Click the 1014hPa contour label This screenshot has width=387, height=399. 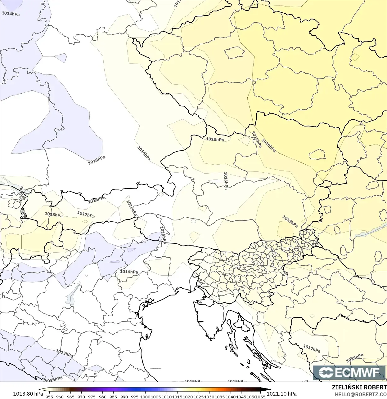tap(11, 14)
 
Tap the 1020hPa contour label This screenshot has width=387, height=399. tap(268, 145)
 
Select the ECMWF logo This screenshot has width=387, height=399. tap(349, 372)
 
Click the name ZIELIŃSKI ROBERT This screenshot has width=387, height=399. tap(359, 387)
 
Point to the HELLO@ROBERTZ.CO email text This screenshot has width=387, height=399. tap(361, 394)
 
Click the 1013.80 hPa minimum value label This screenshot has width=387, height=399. tap(28, 394)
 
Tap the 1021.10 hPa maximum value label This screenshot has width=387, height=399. tap(281, 394)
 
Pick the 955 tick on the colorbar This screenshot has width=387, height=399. tap(49, 397)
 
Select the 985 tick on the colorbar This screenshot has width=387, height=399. tap(113, 397)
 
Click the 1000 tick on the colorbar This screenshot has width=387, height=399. tap(145, 397)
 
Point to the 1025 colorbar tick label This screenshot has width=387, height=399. tap(199, 397)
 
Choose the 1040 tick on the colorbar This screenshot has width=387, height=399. tap(231, 397)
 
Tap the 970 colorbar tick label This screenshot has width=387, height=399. tap(81, 397)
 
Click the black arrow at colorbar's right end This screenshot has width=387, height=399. tap(268, 390)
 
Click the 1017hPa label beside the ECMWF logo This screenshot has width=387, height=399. tap(312, 348)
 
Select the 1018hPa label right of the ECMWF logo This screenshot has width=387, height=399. tap(355, 358)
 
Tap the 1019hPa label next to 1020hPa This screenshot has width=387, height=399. tap(256, 140)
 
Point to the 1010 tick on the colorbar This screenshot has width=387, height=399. tap(167, 397)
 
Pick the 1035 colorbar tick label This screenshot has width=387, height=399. tap(220, 397)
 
